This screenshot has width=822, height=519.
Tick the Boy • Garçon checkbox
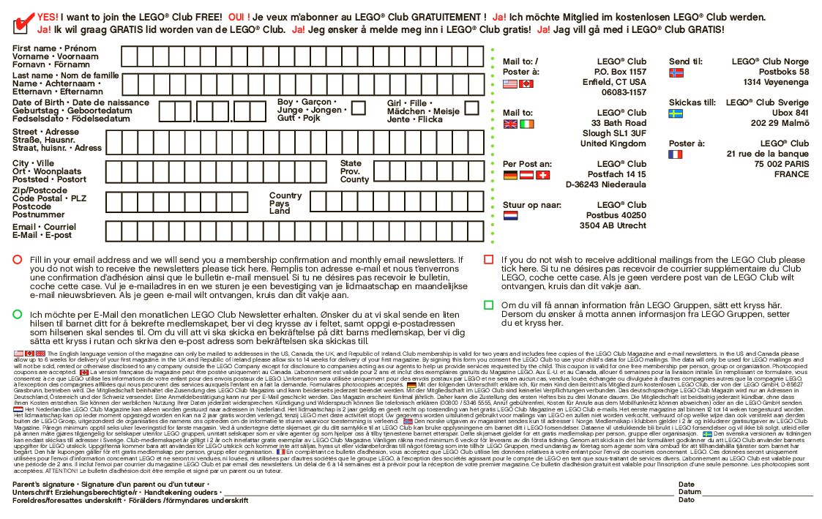point(358,108)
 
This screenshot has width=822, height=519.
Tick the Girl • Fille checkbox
point(471,108)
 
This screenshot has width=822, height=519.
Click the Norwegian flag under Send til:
point(676,73)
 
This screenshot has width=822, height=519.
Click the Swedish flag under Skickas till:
point(676,114)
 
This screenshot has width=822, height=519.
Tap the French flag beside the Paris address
point(675,154)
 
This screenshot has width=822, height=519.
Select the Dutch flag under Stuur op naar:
point(510,216)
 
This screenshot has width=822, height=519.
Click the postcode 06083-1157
point(624,92)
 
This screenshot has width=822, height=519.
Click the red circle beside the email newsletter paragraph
point(17,260)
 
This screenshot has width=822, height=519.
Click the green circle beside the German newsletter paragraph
point(17,314)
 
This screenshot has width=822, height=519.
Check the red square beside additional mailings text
point(489,260)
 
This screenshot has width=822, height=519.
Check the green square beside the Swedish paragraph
point(489,305)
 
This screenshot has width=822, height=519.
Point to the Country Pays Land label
point(285,203)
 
